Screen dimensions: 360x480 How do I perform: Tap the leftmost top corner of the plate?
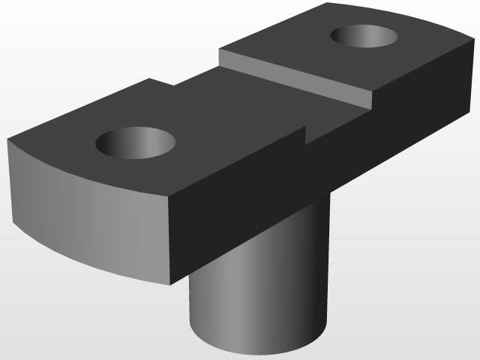(x=8, y=139)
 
